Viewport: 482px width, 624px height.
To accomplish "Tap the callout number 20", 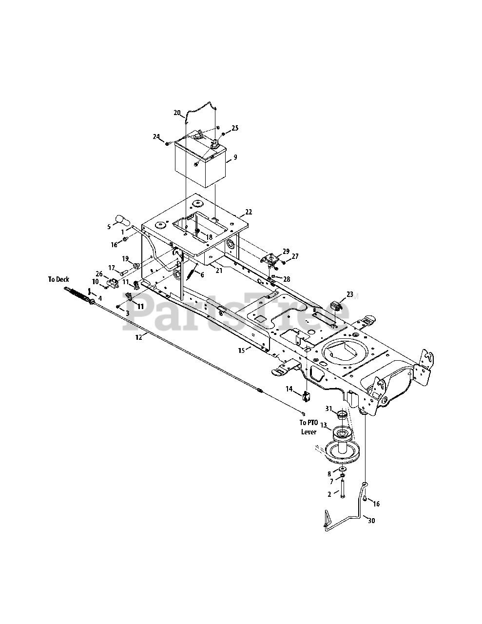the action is coord(177,113).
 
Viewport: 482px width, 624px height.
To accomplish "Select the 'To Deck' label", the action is coord(58,279).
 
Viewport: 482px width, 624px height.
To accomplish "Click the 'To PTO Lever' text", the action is coord(308,427).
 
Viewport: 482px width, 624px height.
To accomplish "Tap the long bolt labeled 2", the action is coord(343,489).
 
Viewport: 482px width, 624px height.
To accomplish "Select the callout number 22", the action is coord(249,212).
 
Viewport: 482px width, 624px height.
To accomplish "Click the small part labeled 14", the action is coord(306,396).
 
